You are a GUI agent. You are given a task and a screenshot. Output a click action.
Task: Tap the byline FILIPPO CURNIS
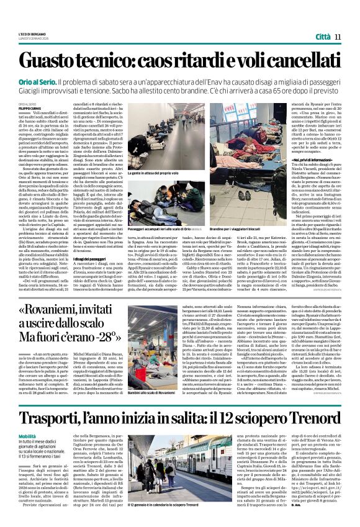[x=28, y=109]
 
